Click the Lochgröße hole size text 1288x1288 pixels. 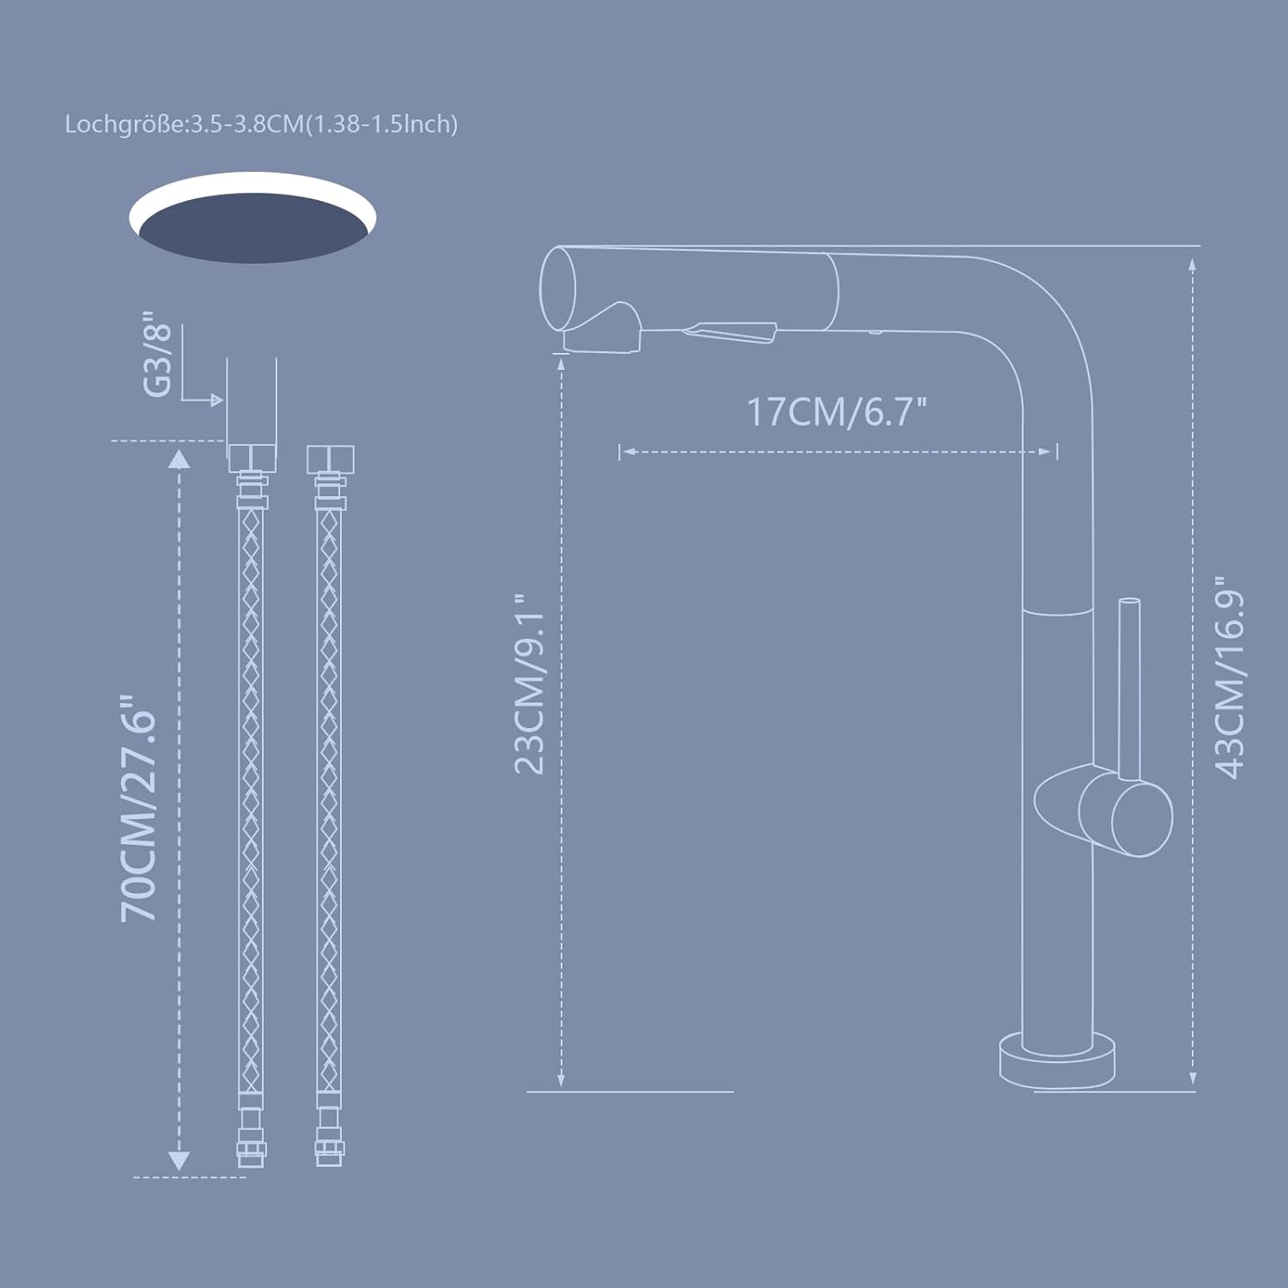(261, 125)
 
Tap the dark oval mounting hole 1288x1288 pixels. (253, 228)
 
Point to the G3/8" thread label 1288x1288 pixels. (158, 354)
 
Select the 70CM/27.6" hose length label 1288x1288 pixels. (140, 808)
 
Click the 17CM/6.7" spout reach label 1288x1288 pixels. (836, 412)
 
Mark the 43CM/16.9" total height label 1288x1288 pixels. (1229, 677)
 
